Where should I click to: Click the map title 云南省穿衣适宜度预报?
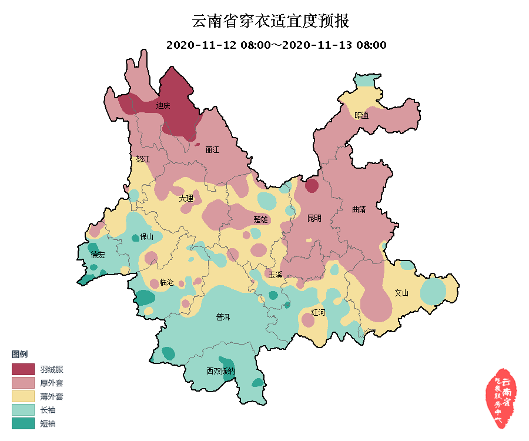coord(271,22)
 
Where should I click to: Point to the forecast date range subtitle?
coord(276,45)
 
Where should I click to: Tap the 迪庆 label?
coord(163,106)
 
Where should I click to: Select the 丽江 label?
coord(212,150)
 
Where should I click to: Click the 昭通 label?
coord(361,115)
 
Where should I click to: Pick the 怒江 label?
coord(143,159)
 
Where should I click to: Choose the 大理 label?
coord(186,199)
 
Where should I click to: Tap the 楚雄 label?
coord(260,219)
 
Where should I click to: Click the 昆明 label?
coord(314,218)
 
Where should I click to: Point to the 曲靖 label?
coord(359,209)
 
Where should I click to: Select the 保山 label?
coord(146,237)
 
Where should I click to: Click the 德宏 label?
coord(98,255)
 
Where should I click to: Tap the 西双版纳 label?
coord(220,371)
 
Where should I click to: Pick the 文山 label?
coord(401,292)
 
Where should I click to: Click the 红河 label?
coord(318,312)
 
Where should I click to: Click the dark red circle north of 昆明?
coord(312,186)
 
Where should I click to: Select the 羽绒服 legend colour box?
coord(23,369)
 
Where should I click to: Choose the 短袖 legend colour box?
coord(23,423)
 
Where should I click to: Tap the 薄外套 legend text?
coord(52,396)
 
